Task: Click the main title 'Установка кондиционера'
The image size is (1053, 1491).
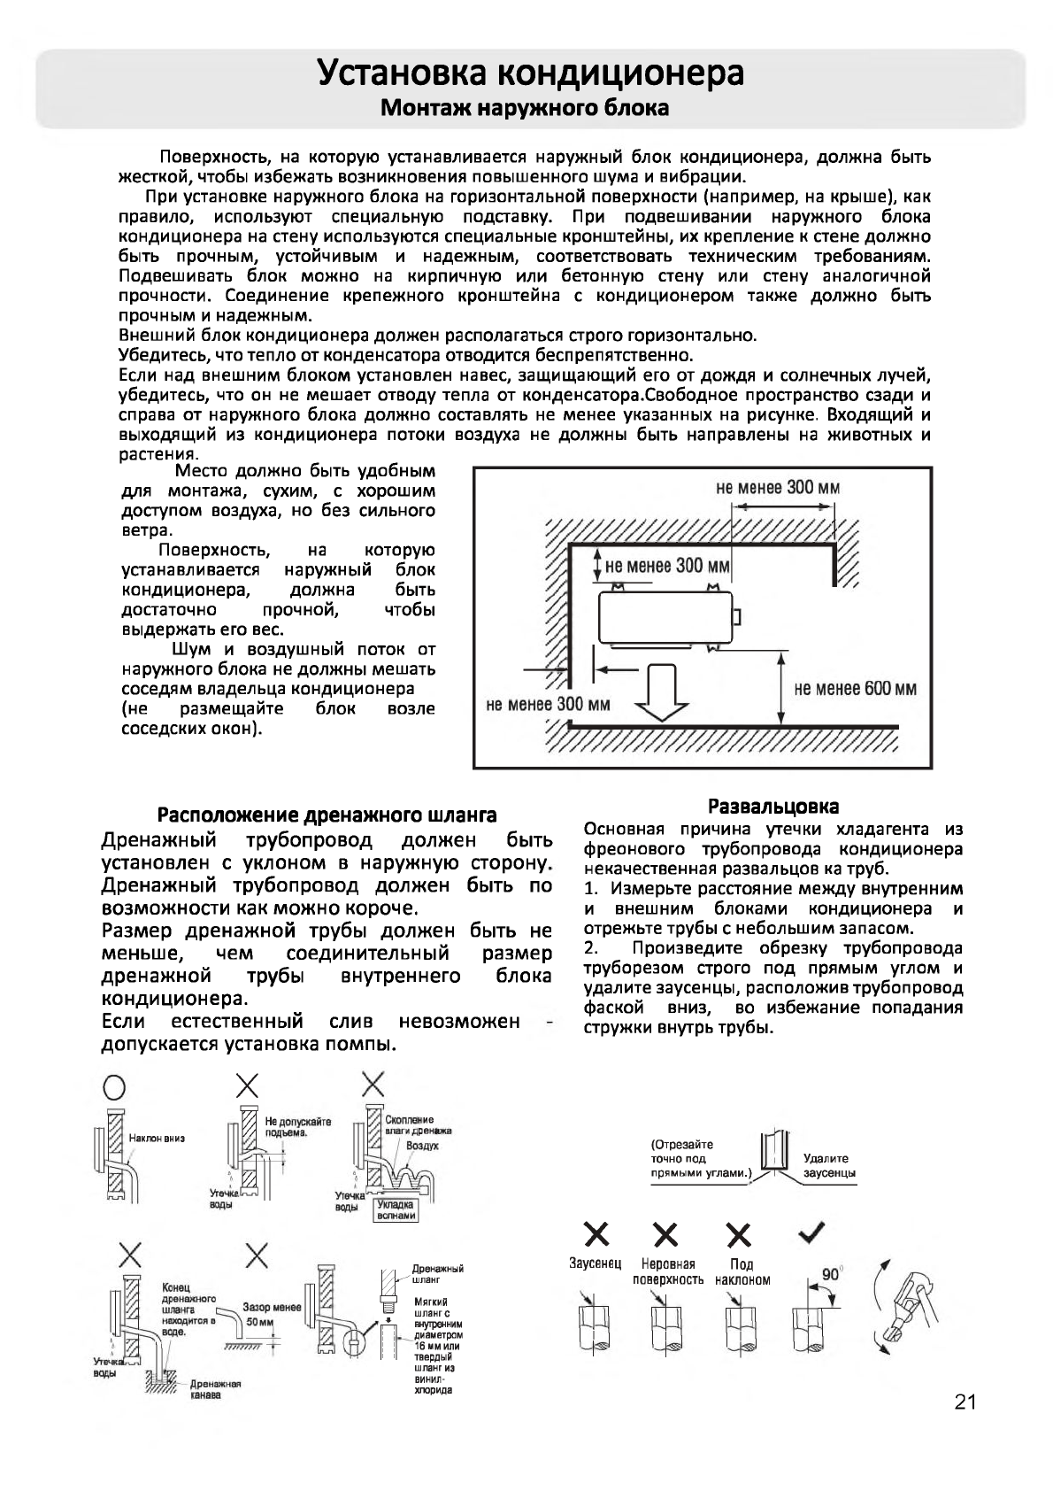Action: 530,73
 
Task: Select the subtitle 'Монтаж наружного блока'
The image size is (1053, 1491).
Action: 524,109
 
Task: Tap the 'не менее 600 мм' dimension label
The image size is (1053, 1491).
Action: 855,689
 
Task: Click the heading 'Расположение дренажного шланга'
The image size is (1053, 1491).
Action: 327,815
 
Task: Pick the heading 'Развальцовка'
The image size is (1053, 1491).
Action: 773,806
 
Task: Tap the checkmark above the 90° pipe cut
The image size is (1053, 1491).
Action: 812,1232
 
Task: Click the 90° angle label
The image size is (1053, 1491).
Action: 832,1275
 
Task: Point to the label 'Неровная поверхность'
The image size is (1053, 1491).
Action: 668,1271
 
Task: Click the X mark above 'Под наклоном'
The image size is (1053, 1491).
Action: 740,1234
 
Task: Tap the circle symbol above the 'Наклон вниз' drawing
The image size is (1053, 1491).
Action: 115,1085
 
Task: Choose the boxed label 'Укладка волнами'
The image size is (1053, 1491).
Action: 395,1209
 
